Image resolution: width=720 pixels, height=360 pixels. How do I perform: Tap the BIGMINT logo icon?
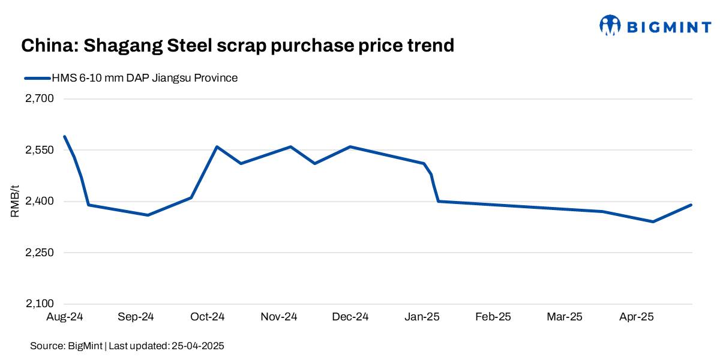[610, 25]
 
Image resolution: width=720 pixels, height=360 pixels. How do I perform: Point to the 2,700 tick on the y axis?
[40, 99]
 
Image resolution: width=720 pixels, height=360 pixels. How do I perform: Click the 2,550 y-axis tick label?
[40, 150]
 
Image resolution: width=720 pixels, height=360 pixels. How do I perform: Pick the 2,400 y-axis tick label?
[40, 202]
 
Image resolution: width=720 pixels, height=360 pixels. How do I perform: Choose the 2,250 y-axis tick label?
[40, 253]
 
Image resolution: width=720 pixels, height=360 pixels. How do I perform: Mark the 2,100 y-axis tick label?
[40, 304]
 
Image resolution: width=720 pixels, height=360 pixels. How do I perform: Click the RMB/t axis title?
[15, 202]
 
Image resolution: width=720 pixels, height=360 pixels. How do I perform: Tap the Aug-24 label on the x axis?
[65, 317]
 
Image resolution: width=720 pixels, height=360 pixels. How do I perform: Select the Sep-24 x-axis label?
[136, 317]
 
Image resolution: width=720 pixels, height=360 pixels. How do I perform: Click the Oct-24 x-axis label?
[208, 317]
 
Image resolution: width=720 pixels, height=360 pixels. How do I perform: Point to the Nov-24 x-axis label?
[279, 317]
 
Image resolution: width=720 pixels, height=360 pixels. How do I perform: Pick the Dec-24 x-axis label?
[350, 317]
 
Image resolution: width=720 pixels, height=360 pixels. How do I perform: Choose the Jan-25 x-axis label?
[422, 317]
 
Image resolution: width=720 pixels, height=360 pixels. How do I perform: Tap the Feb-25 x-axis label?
[493, 317]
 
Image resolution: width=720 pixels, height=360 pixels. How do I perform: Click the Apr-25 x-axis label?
[635, 317]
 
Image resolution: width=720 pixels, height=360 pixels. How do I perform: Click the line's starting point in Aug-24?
[65, 137]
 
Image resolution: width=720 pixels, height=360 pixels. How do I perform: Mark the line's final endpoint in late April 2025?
[691, 205]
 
